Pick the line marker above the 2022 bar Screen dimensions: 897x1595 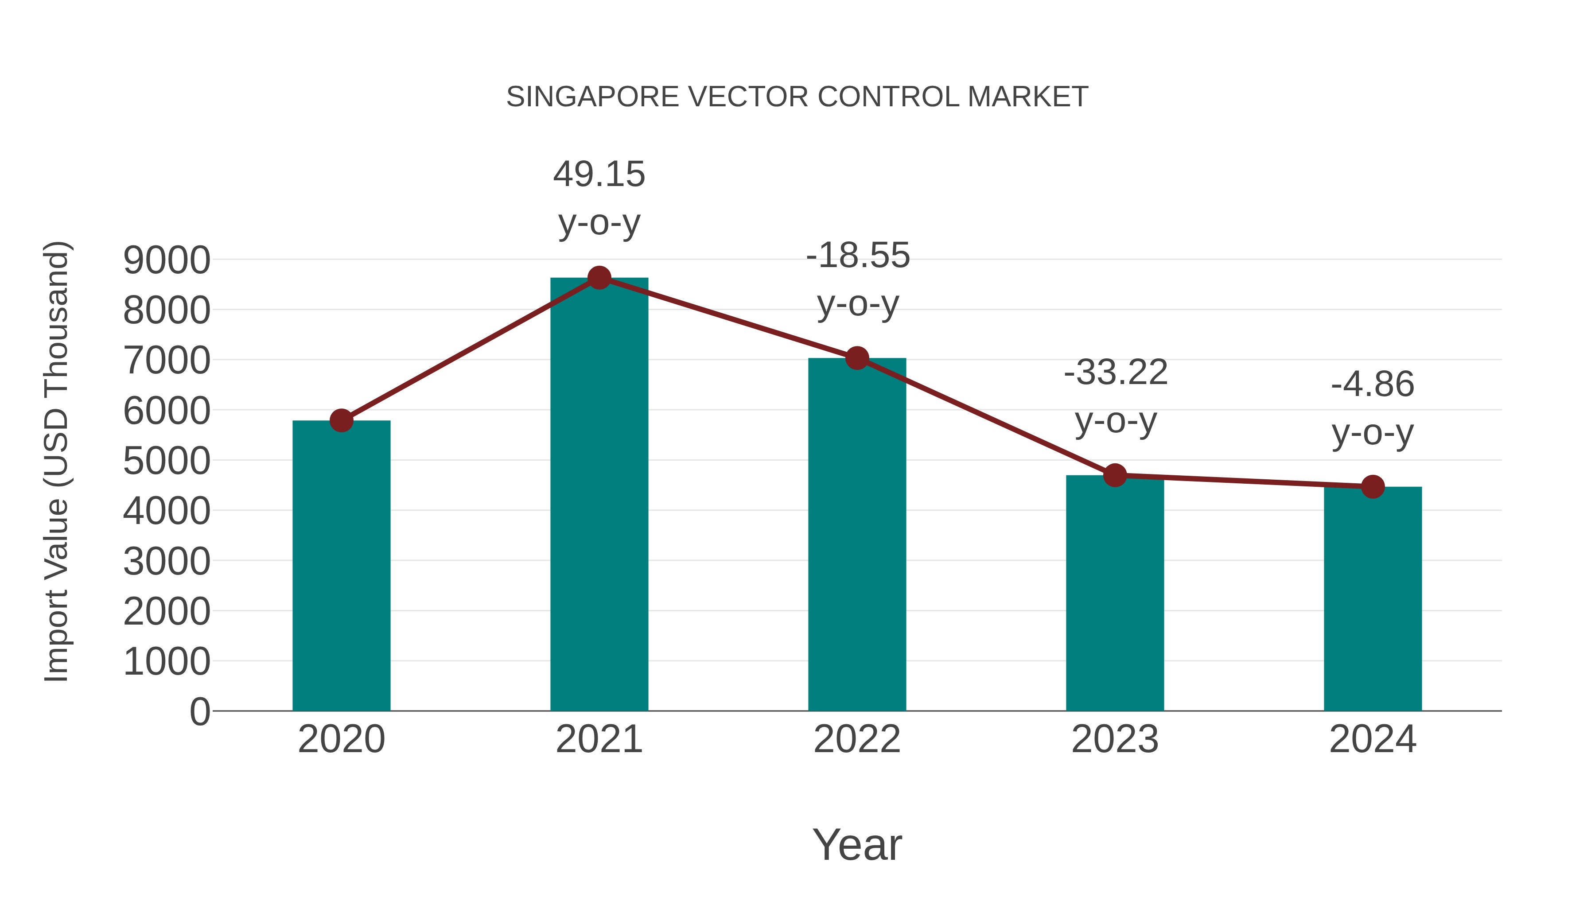tap(857, 358)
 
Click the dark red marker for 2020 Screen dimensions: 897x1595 tap(341, 420)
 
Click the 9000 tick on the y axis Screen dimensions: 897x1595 tap(167, 260)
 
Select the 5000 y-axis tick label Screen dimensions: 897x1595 tap(167, 461)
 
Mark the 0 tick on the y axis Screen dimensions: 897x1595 tap(199, 711)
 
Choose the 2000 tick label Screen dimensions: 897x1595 tap(167, 612)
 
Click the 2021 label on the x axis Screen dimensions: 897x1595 tap(599, 739)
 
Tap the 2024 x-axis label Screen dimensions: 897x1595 tap(1373, 739)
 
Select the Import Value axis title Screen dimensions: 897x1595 tap(56, 461)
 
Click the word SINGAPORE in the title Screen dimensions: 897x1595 tap(592, 97)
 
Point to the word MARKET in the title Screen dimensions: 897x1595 tap(1027, 97)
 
